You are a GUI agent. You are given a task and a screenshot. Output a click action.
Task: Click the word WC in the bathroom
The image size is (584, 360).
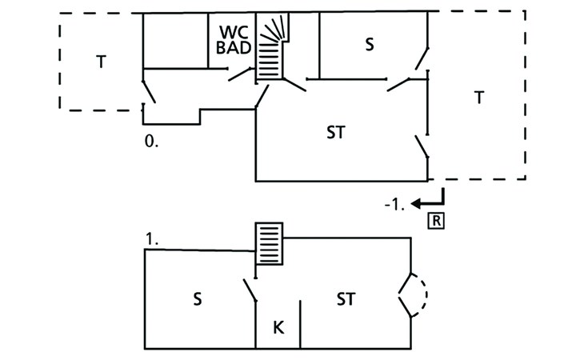click(234, 32)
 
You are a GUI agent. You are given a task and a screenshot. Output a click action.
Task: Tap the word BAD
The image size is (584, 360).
click(234, 48)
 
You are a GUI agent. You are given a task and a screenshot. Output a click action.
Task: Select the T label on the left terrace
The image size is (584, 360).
click(101, 62)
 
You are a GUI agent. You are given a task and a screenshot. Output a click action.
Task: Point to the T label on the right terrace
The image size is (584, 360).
click(479, 98)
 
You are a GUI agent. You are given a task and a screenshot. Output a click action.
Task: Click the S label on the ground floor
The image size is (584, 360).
click(369, 44)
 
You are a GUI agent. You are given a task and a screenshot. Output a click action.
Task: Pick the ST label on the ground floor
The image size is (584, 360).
click(336, 133)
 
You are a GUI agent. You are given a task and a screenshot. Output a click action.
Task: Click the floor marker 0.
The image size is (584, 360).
click(151, 141)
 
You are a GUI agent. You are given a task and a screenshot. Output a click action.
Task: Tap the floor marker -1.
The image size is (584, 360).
click(394, 205)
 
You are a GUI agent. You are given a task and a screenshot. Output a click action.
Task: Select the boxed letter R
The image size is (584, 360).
click(436, 221)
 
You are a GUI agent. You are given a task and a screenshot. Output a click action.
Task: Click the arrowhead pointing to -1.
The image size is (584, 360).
click(416, 204)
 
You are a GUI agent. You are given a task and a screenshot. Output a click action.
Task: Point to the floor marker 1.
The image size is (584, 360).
click(151, 239)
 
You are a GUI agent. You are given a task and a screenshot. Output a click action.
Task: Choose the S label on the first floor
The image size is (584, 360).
click(198, 299)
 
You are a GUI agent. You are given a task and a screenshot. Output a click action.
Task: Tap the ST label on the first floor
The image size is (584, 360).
click(346, 299)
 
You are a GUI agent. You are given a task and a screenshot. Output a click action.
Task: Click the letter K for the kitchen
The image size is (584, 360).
click(278, 328)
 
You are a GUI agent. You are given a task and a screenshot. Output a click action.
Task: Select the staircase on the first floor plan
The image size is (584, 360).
click(269, 244)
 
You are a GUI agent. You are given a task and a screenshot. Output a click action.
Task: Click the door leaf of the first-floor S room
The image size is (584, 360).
click(250, 290)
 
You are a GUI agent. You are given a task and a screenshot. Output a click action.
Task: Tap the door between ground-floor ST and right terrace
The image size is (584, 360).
click(422, 146)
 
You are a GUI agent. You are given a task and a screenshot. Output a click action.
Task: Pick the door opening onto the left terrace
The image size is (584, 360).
click(149, 91)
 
